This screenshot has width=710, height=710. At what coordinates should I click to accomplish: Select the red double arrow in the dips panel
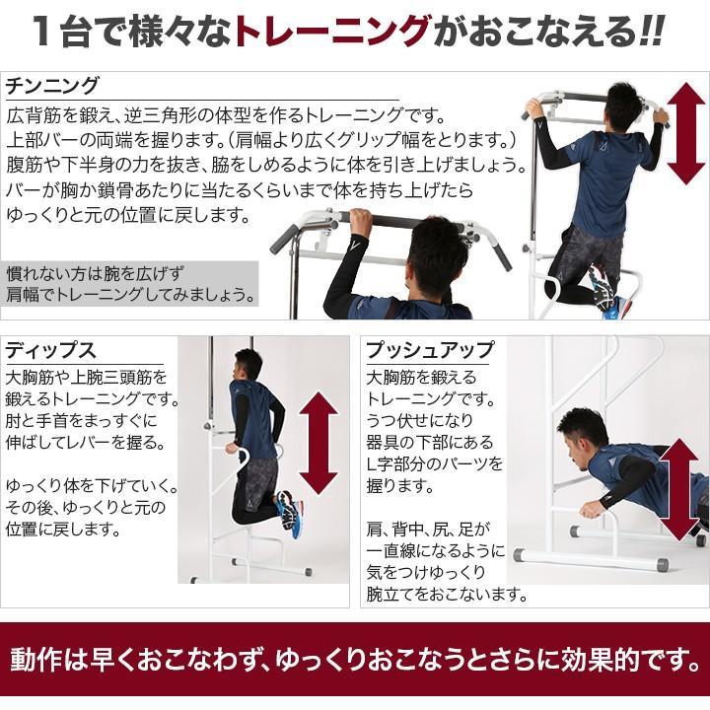pyautogui.click(x=317, y=443)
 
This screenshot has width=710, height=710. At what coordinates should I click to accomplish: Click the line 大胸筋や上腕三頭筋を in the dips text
pyautogui.click(x=88, y=378)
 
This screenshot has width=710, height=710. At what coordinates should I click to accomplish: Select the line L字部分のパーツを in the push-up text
pyautogui.click(x=434, y=463)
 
